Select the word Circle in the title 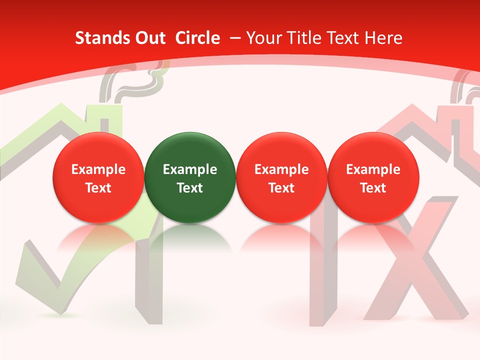click(x=197, y=38)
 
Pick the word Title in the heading click(x=301, y=38)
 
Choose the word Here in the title click(x=383, y=38)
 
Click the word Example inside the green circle click(x=190, y=169)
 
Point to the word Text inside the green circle click(x=190, y=188)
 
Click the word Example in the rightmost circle click(x=373, y=169)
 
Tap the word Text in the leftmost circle click(x=98, y=188)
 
